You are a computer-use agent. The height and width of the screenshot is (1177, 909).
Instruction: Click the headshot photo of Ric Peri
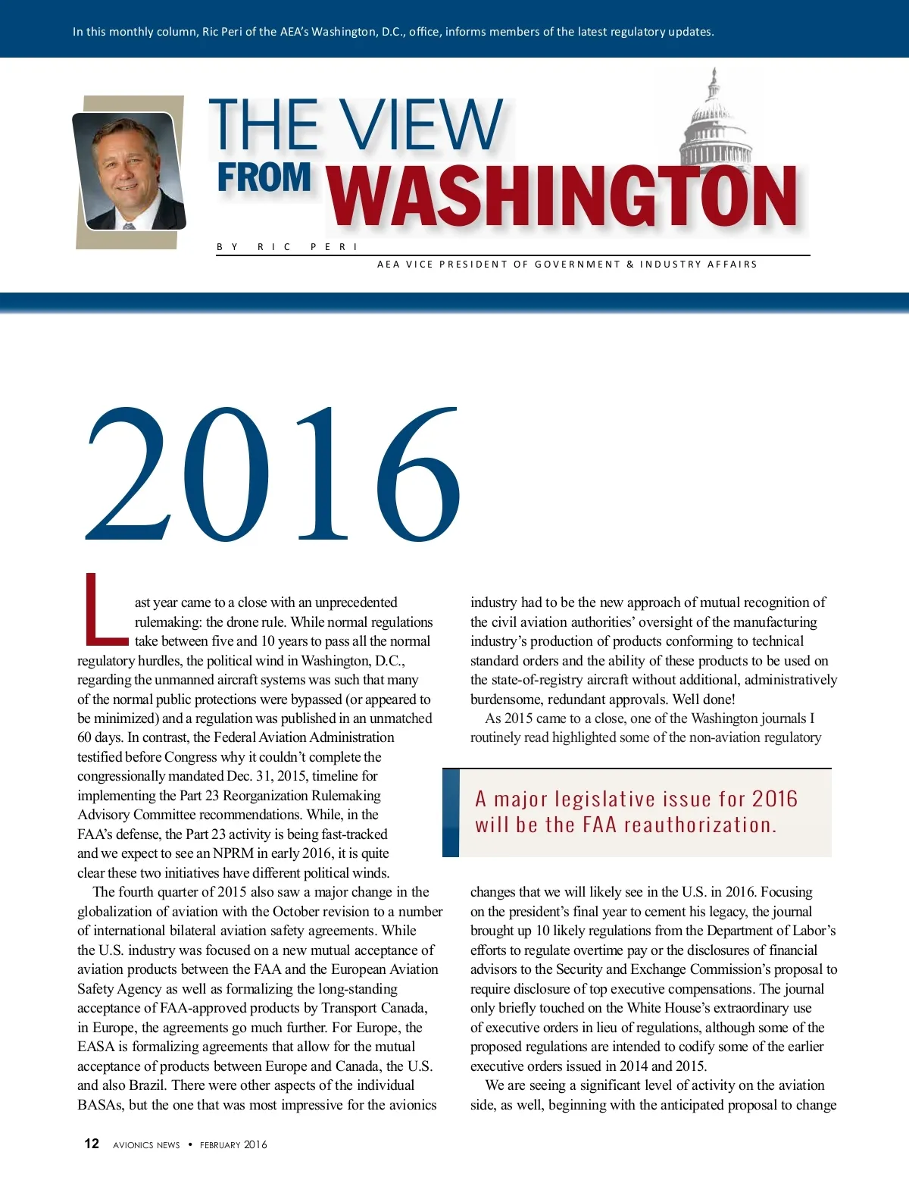[129, 171]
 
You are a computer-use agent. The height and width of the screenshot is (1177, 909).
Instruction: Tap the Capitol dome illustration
[714, 121]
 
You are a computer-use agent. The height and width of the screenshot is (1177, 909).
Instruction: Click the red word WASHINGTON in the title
[563, 197]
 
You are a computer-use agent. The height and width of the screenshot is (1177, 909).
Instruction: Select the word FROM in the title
[264, 179]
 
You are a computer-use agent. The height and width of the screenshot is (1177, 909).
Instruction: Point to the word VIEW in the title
[420, 125]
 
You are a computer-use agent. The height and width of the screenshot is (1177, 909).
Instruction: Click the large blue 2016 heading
[273, 474]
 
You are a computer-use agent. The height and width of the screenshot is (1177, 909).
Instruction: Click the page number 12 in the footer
[92, 1144]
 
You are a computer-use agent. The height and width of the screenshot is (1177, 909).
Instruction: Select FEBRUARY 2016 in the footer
[233, 1144]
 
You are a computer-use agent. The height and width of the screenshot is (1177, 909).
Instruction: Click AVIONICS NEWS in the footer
[146, 1144]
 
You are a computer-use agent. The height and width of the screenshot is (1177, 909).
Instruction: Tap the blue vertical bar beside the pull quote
[451, 812]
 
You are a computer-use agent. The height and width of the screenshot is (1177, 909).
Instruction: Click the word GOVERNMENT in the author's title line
[577, 265]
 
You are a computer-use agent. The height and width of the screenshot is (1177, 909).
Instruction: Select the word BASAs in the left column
[101, 1105]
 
